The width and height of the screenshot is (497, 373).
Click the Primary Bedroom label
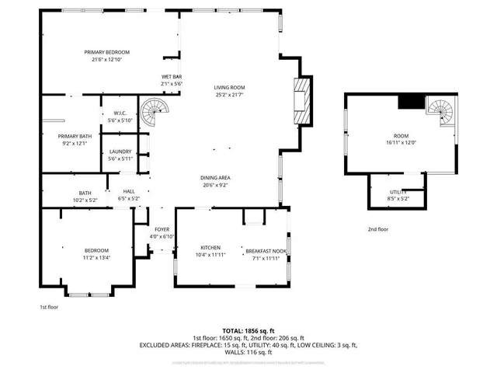click(x=107, y=52)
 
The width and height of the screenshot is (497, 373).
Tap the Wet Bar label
click(x=170, y=76)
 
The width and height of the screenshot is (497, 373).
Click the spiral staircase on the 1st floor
click(x=152, y=113)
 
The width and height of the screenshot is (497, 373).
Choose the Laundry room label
click(x=120, y=152)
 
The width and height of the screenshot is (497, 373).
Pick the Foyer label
click(x=162, y=229)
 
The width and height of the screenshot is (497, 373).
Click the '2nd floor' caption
click(x=378, y=229)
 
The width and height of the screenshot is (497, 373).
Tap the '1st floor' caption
click(x=49, y=307)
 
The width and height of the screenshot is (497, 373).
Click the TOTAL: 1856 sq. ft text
click(x=248, y=330)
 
